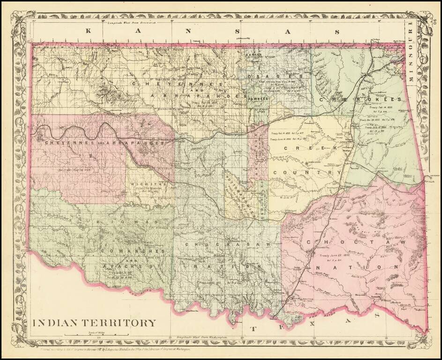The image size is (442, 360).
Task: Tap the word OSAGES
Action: (x=274, y=76)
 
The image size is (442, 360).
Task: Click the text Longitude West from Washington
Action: (x=204, y=337)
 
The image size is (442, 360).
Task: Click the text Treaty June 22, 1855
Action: (x=333, y=255)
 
